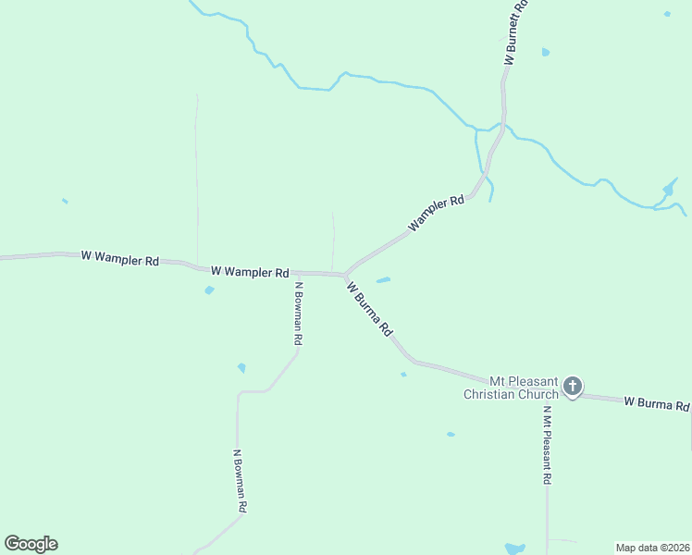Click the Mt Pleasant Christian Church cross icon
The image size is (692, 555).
(x=573, y=386)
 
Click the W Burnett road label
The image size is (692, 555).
(x=515, y=31)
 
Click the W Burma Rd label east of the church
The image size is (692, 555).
(x=656, y=404)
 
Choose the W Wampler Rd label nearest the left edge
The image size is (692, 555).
(x=119, y=258)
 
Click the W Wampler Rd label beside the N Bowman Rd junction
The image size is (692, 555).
(x=250, y=272)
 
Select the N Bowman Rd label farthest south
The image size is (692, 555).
(x=240, y=482)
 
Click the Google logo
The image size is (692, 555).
(x=31, y=544)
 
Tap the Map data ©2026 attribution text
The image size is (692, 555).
(x=652, y=547)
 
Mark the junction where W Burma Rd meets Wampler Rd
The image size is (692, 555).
(x=345, y=275)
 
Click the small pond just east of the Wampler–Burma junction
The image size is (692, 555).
(x=383, y=279)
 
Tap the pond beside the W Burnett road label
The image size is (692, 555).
(x=546, y=52)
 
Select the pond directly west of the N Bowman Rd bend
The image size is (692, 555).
(x=241, y=368)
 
